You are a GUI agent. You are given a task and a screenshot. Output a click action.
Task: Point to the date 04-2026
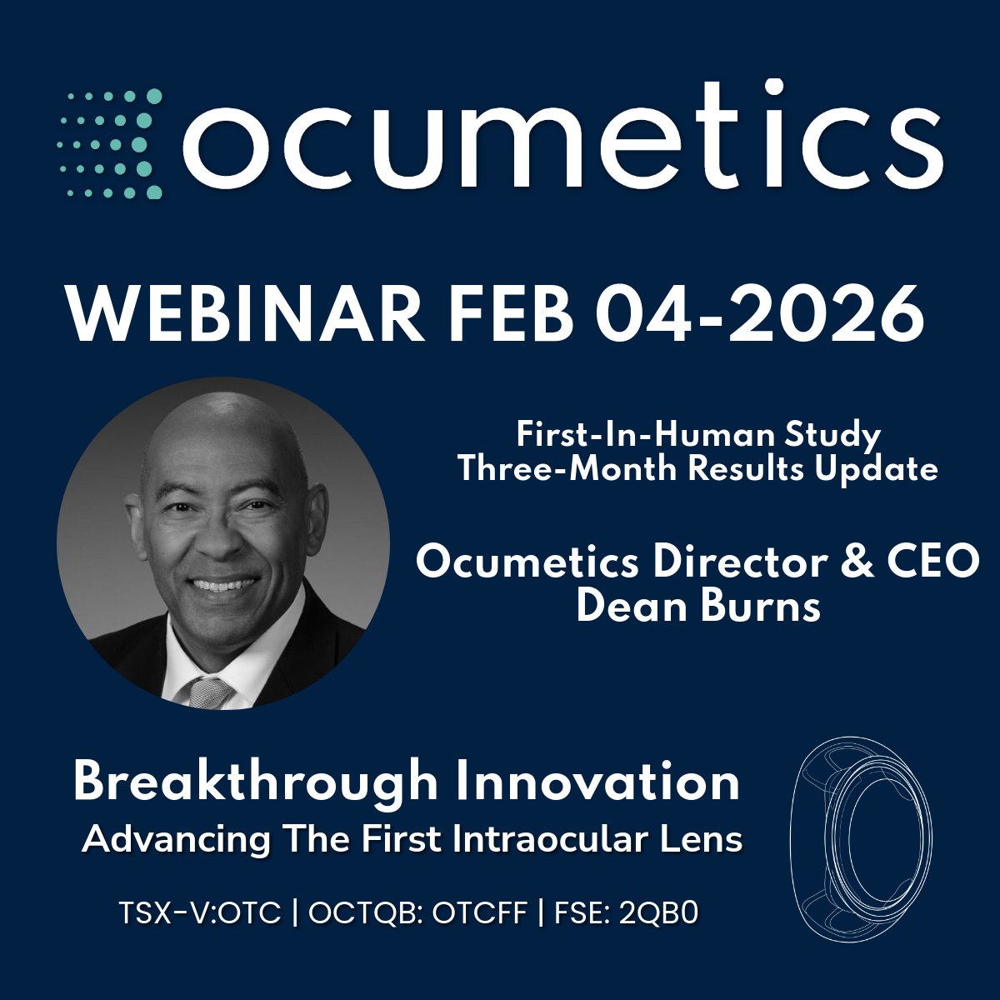pos(754,313)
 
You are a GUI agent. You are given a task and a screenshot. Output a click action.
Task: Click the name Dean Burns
pos(698,606)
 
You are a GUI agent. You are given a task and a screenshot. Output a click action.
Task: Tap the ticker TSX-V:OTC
pos(201,913)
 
